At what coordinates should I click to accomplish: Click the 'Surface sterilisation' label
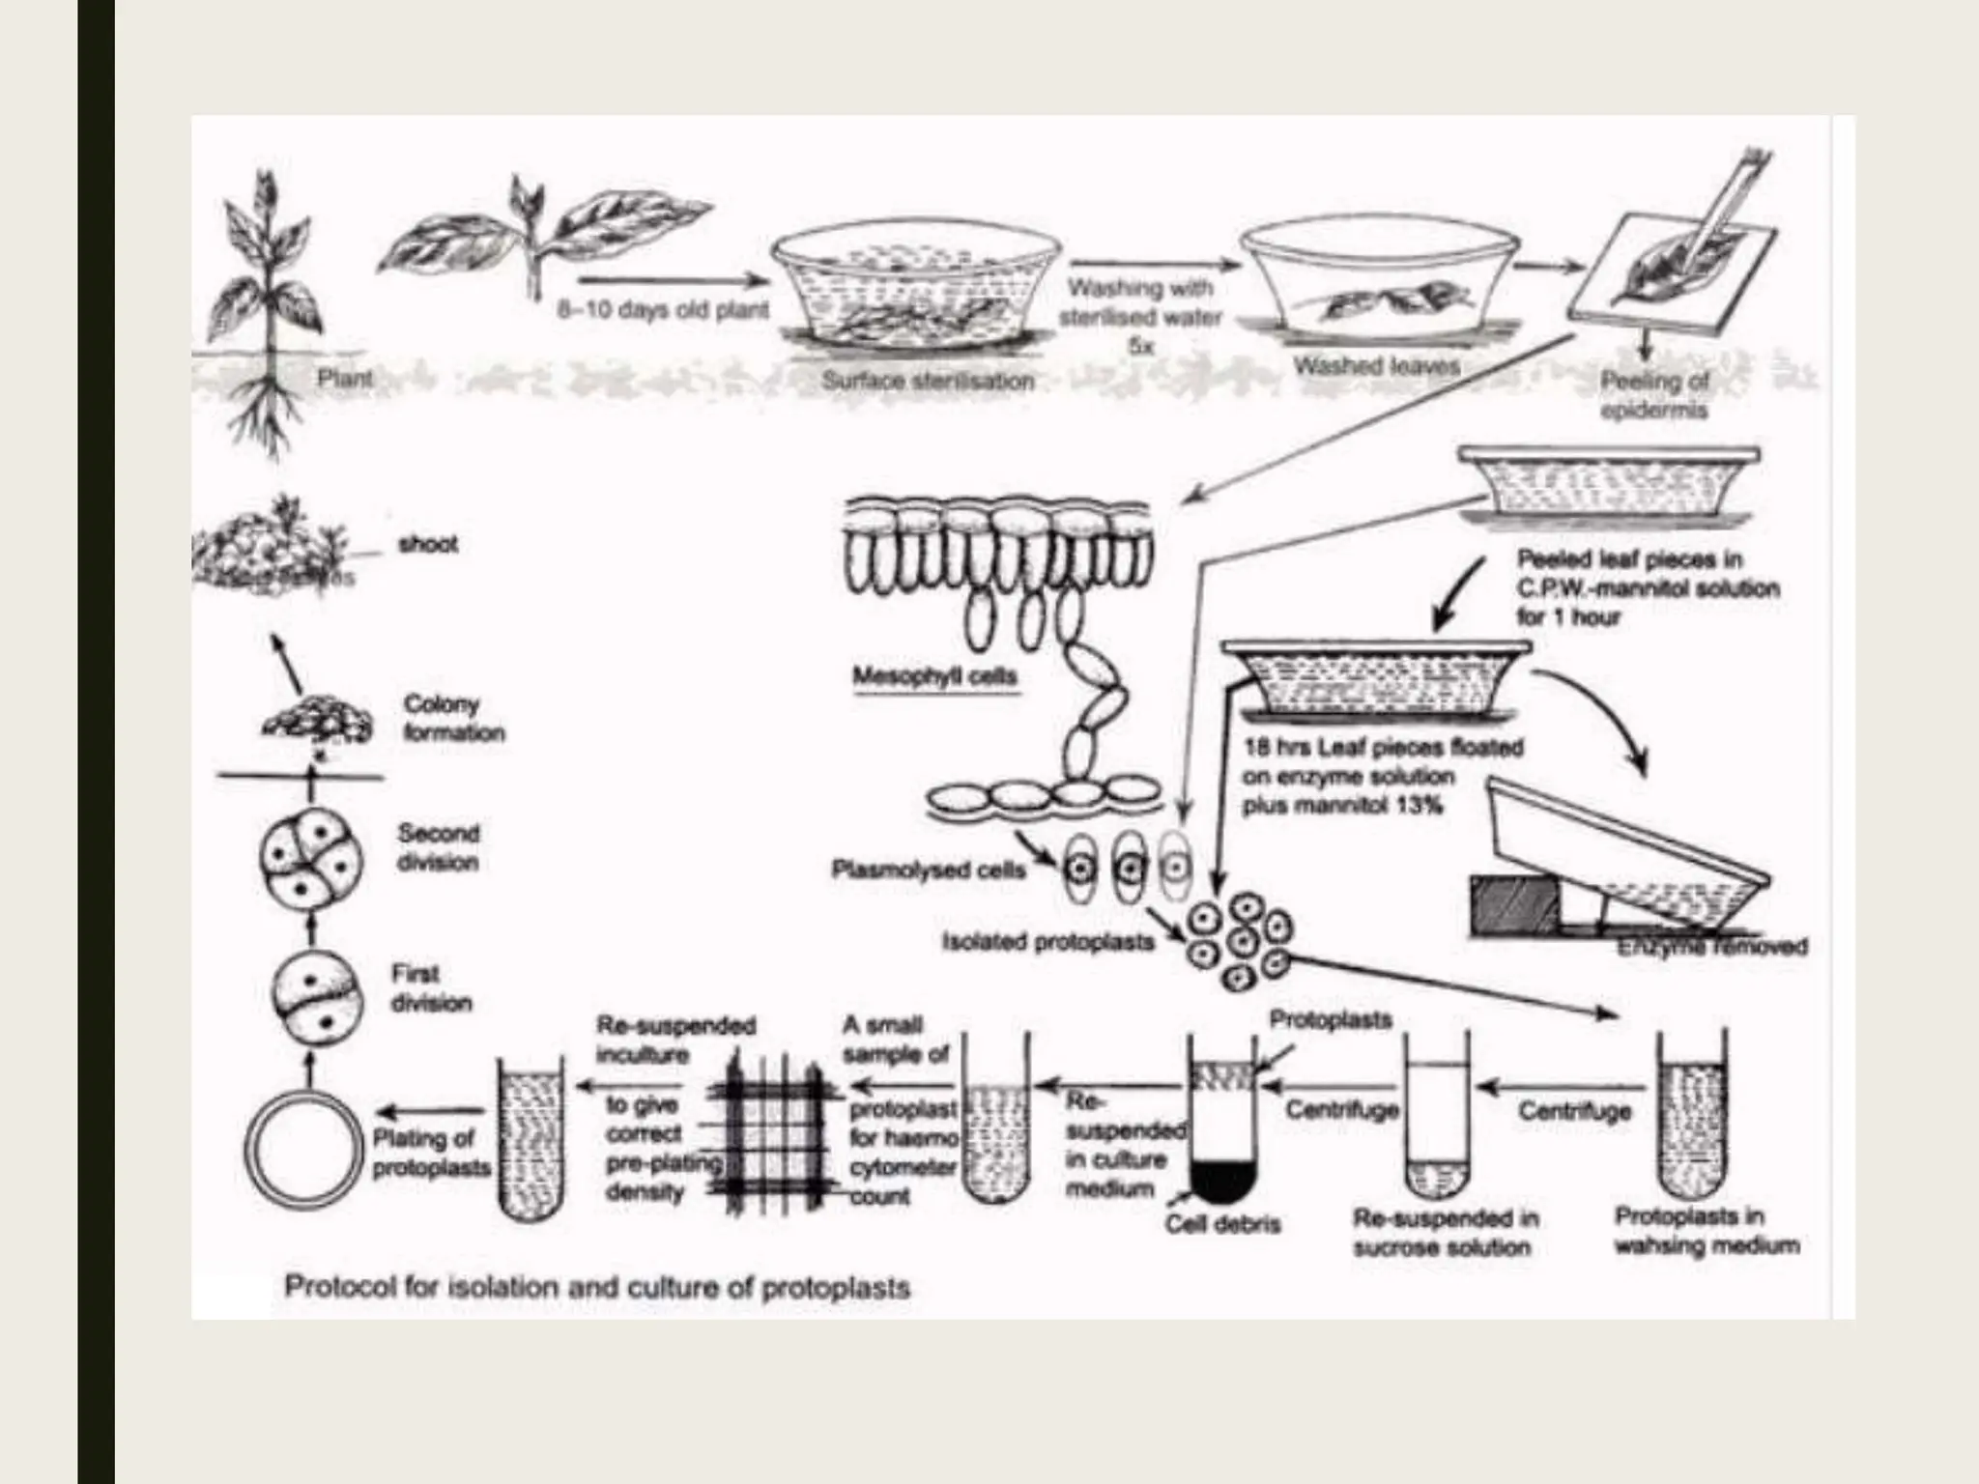point(928,381)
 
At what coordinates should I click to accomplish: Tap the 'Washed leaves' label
point(1376,366)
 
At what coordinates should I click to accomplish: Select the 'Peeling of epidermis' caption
point(1654,395)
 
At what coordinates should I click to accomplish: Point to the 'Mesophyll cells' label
point(934,676)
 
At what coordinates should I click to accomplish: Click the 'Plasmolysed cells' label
point(928,870)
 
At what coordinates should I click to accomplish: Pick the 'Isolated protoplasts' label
point(1048,941)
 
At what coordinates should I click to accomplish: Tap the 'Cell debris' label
point(1222,1224)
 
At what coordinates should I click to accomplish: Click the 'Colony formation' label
point(453,718)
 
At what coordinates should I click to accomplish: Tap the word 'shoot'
point(427,545)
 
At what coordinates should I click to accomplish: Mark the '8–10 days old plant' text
point(663,311)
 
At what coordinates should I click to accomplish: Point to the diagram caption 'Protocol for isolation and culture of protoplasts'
point(597,1288)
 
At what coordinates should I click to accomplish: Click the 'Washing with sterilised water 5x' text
point(1140,316)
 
